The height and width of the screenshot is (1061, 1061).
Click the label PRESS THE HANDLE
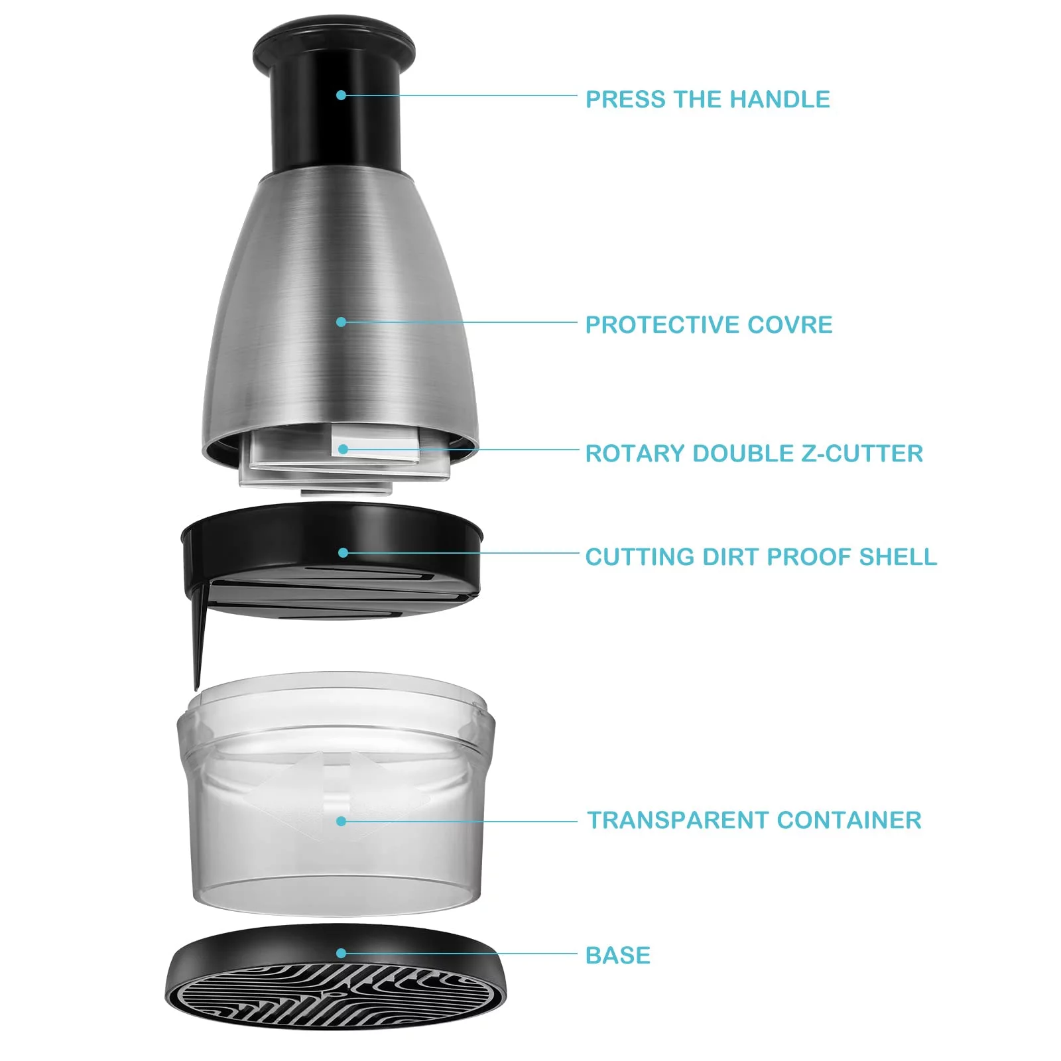click(x=708, y=99)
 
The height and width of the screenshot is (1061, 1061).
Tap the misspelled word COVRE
click(x=790, y=325)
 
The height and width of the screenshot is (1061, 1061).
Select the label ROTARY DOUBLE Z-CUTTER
click(x=754, y=454)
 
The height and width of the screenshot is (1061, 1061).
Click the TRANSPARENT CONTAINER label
click(x=755, y=820)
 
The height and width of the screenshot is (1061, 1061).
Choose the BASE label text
click(x=618, y=956)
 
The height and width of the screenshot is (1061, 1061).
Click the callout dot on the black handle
click(x=341, y=95)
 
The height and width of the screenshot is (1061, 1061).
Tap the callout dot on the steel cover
click(x=341, y=322)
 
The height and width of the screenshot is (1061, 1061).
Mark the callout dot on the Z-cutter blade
click(x=343, y=449)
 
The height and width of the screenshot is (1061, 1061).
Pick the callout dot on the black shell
click(x=343, y=552)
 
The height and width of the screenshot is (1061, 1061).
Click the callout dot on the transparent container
click(x=341, y=821)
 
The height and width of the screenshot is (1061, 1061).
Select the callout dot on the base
click(x=341, y=953)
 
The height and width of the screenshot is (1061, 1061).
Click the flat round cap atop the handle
click(x=334, y=45)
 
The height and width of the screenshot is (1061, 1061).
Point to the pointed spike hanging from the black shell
click(x=200, y=637)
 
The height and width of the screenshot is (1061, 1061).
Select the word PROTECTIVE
click(x=662, y=325)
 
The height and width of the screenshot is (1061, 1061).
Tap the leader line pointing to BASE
click(x=459, y=954)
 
